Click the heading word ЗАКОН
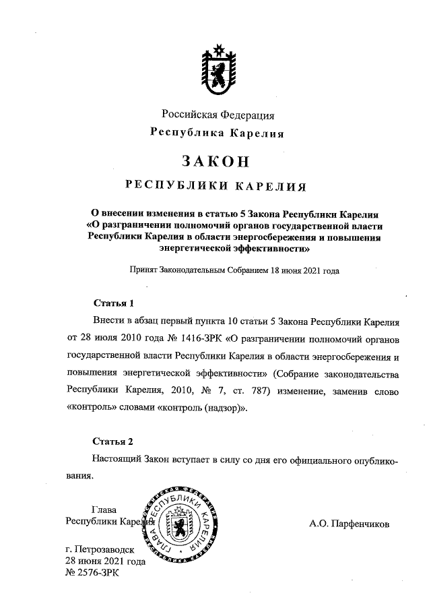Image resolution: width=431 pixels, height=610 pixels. point(215,162)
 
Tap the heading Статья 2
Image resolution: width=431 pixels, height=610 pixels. point(114,441)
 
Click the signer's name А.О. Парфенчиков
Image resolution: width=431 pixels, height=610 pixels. point(350,522)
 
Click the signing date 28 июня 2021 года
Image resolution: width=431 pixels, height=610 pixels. point(105,561)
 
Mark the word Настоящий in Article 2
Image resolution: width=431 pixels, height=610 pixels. point(115,460)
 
